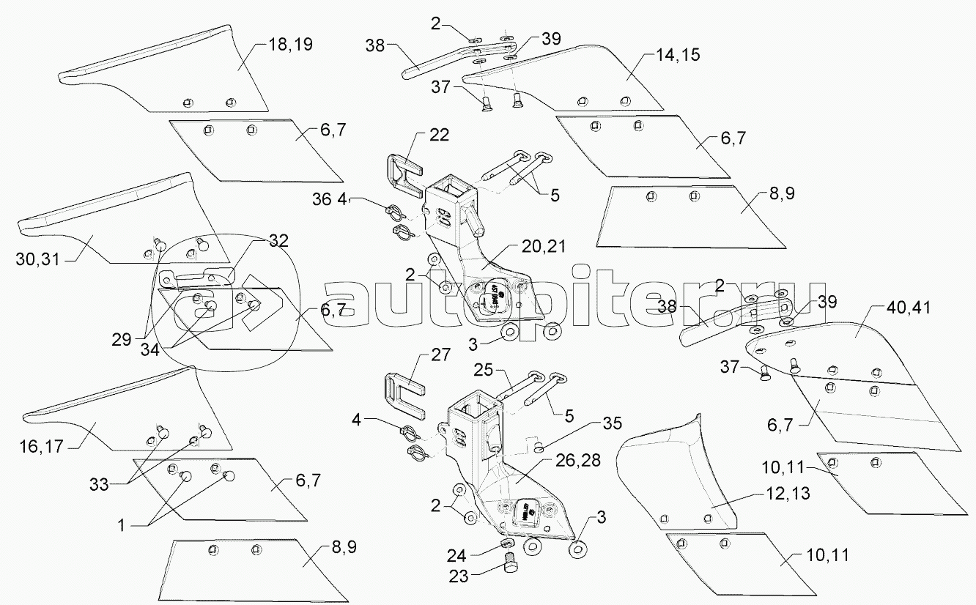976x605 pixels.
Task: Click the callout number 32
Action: coord(278,240)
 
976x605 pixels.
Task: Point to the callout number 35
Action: coord(613,423)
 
